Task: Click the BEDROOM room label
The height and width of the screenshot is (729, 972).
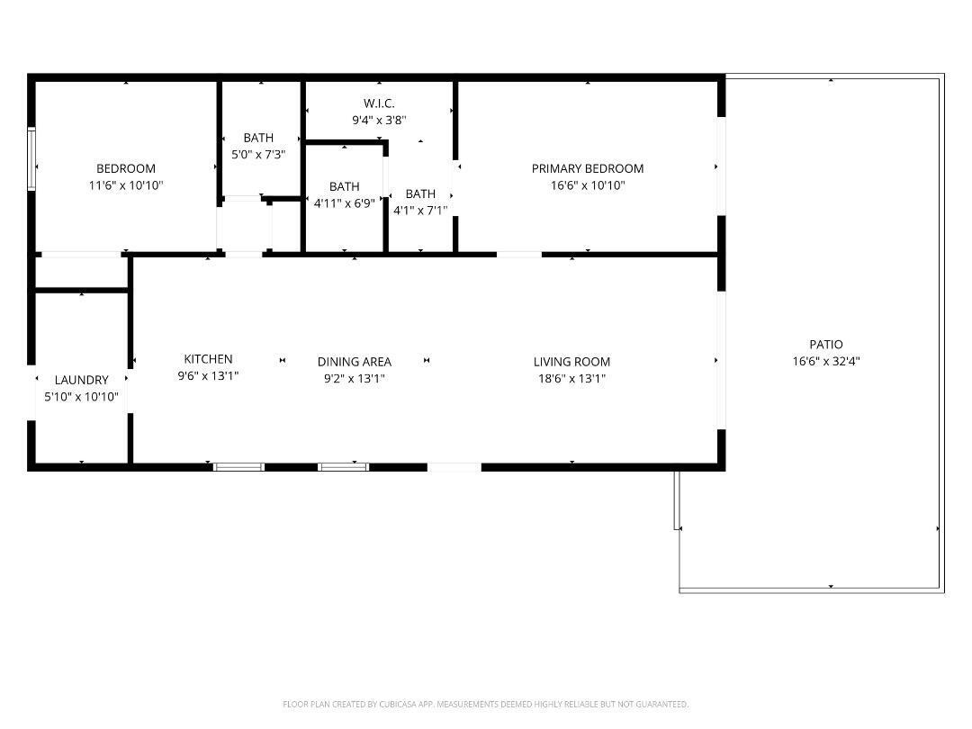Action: tap(126, 168)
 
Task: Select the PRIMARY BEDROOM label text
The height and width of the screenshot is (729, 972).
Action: tap(587, 168)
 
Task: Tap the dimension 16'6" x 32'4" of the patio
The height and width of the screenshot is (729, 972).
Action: tap(826, 361)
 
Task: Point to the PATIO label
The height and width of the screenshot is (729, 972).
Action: tap(826, 345)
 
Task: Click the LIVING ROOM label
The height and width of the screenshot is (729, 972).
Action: tap(571, 362)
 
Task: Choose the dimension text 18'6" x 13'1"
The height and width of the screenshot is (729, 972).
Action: tap(571, 378)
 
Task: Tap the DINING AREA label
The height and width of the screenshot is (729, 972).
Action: tap(354, 362)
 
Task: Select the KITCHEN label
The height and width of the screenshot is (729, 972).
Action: tap(208, 359)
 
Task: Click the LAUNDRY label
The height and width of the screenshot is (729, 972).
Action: tap(81, 380)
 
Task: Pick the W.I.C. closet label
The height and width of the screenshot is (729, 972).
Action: tap(379, 103)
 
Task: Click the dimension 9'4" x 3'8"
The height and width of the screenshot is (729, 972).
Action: tap(379, 119)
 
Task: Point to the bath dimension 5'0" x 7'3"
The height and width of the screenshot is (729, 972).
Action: tap(258, 154)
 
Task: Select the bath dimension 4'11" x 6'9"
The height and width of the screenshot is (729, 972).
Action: tap(344, 203)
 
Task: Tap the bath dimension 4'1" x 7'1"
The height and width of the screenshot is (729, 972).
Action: tap(420, 211)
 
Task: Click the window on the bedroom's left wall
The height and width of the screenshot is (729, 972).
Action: tap(31, 159)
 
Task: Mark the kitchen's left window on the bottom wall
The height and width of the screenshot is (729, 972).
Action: tap(238, 466)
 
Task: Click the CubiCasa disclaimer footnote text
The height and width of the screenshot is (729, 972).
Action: tap(486, 704)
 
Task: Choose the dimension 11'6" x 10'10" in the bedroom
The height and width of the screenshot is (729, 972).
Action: tap(126, 184)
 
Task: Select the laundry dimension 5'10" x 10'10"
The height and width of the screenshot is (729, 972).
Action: tap(81, 396)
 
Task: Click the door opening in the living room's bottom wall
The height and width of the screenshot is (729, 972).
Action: tap(454, 466)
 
